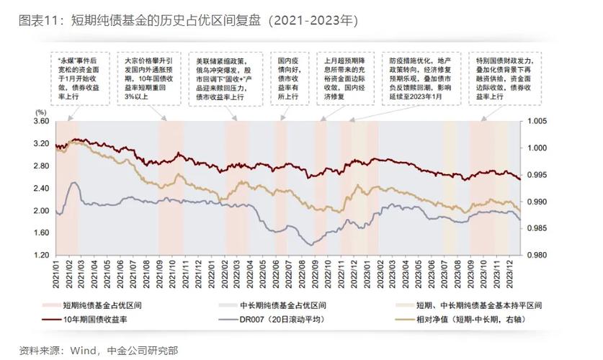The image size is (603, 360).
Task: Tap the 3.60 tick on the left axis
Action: (41, 122)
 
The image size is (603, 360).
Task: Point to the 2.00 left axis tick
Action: (41, 211)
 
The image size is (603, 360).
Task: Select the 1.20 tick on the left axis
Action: (41, 256)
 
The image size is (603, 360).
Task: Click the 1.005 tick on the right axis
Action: (537, 122)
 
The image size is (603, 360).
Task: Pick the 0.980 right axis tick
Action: (537, 256)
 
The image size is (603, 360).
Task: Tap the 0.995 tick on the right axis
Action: (537, 175)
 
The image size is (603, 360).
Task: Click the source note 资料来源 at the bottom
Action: (98, 351)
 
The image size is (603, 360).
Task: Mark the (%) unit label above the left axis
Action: (41, 112)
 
